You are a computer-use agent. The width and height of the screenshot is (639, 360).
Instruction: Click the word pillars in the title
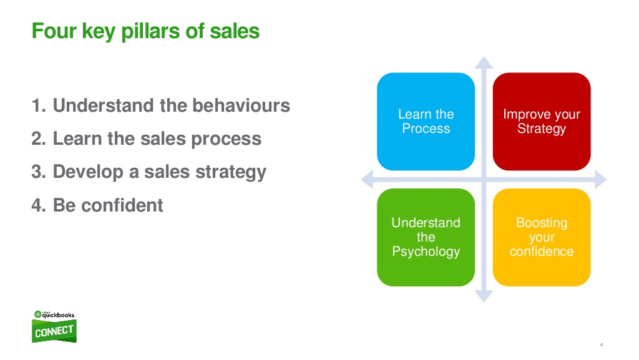tap(150, 32)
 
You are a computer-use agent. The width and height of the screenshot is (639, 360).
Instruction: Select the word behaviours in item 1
tap(241, 105)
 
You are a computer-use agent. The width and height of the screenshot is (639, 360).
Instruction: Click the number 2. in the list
tap(39, 139)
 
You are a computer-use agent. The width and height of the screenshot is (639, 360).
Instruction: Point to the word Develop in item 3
tap(88, 172)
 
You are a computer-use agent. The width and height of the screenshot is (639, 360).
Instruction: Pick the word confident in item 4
tap(122, 205)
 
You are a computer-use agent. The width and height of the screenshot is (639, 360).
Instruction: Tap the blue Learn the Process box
tap(426, 122)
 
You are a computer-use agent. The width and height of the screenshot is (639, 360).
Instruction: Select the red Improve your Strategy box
tap(542, 122)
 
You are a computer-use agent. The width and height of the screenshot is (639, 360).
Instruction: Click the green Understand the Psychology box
tap(426, 237)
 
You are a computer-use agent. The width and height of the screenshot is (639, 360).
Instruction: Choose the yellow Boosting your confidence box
tap(542, 237)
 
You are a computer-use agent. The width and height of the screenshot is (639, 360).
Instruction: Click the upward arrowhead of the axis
tap(484, 63)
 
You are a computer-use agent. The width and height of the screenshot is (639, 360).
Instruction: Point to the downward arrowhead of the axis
tap(484, 296)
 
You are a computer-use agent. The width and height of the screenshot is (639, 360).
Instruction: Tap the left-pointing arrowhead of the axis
tap(367, 179)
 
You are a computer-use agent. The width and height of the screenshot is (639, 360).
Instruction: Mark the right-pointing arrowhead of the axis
tap(601, 179)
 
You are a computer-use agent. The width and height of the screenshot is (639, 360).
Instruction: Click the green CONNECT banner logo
tap(54, 331)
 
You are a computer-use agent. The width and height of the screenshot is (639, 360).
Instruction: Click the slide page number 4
tap(601, 344)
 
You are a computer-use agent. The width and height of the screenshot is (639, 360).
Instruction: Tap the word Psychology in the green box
tap(426, 251)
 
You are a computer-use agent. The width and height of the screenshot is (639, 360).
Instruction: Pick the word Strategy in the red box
tap(542, 129)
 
